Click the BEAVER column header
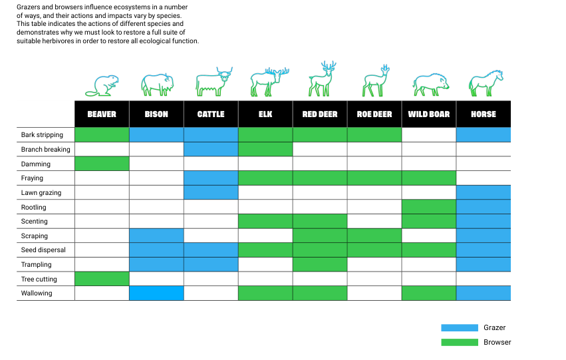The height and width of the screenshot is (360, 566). (102, 114)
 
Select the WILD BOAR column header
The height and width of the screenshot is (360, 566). (429, 114)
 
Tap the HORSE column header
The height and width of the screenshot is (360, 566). (484, 114)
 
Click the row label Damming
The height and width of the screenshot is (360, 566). (36, 164)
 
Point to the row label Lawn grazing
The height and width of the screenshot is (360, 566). (41, 193)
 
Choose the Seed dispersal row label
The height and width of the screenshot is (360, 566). (43, 250)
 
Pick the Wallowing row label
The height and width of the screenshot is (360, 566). (37, 293)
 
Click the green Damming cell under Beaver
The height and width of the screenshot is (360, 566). (102, 164)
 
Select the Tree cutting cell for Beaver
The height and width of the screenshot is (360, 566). (102, 279)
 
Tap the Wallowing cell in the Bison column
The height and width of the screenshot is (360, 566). (156, 293)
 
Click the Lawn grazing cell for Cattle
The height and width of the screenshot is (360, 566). (211, 193)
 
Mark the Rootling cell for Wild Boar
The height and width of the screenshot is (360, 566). (429, 207)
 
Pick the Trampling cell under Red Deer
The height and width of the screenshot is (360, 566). (320, 265)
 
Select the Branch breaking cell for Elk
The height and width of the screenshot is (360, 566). (265, 150)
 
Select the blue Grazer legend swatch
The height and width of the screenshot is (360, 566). (460, 327)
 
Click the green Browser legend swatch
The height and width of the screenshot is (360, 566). (460, 342)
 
